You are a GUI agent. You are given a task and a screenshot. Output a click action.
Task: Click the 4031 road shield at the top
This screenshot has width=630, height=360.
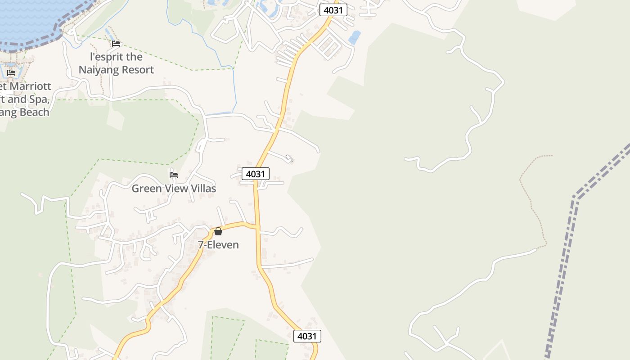(333, 10)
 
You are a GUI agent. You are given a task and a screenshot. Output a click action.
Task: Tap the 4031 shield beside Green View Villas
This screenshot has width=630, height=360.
(256, 174)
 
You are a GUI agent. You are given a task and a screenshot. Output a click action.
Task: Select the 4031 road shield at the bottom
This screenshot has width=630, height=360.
(307, 336)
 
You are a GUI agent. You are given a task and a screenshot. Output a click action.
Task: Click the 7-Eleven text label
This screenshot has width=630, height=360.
(218, 245)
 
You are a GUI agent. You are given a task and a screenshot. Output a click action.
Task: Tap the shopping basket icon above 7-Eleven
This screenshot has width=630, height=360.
(218, 231)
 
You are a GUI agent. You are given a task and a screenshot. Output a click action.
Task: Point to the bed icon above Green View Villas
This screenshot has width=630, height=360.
(174, 175)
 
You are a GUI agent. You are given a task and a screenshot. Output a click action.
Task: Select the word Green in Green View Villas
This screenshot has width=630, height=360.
(146, 189)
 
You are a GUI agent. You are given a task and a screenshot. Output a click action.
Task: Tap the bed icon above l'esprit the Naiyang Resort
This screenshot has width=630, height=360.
(116, 44)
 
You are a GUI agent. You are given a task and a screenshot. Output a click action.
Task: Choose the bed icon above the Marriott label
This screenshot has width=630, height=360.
(11, 72)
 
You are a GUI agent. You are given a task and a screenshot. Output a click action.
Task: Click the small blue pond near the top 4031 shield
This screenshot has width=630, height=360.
(355, 37)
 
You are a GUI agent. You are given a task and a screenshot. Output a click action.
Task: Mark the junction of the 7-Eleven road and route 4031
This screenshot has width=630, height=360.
(257, 226)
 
